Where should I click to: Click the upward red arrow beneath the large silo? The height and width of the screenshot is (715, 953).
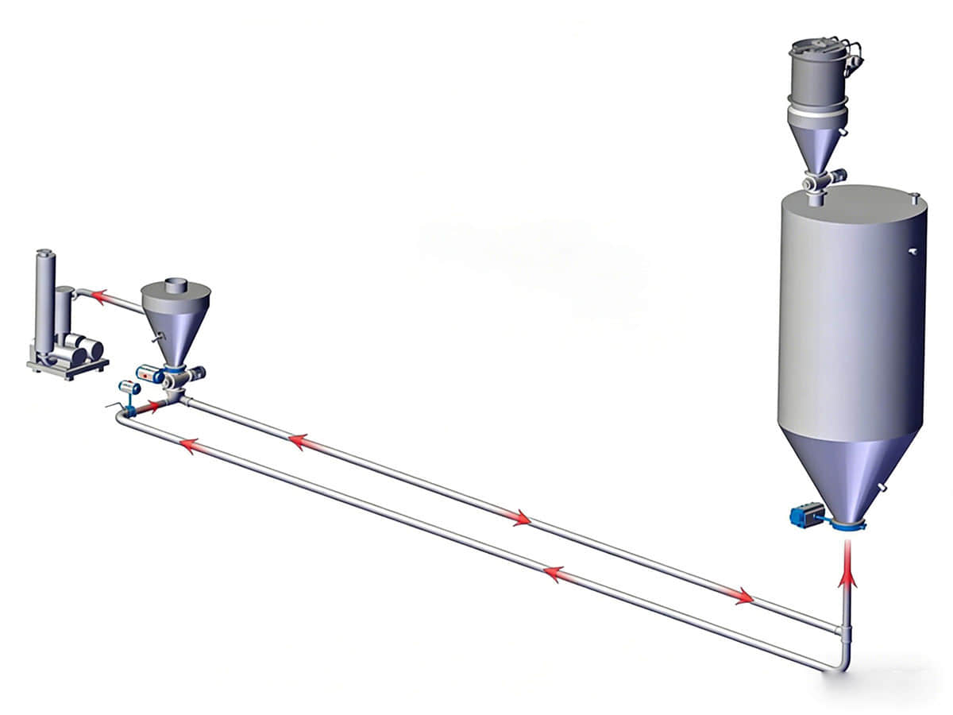click(847, 566)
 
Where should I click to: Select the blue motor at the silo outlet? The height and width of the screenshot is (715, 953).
click(804, 514)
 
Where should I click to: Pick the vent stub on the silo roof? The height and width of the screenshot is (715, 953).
click(916, 195)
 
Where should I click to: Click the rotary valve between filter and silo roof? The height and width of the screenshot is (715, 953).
click(815, 184)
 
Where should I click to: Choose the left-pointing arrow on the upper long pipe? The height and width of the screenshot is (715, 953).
click(302, 442)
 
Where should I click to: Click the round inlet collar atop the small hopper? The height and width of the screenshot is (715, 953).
click(176, 284)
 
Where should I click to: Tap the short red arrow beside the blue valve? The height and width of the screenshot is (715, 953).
click(149, 407)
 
